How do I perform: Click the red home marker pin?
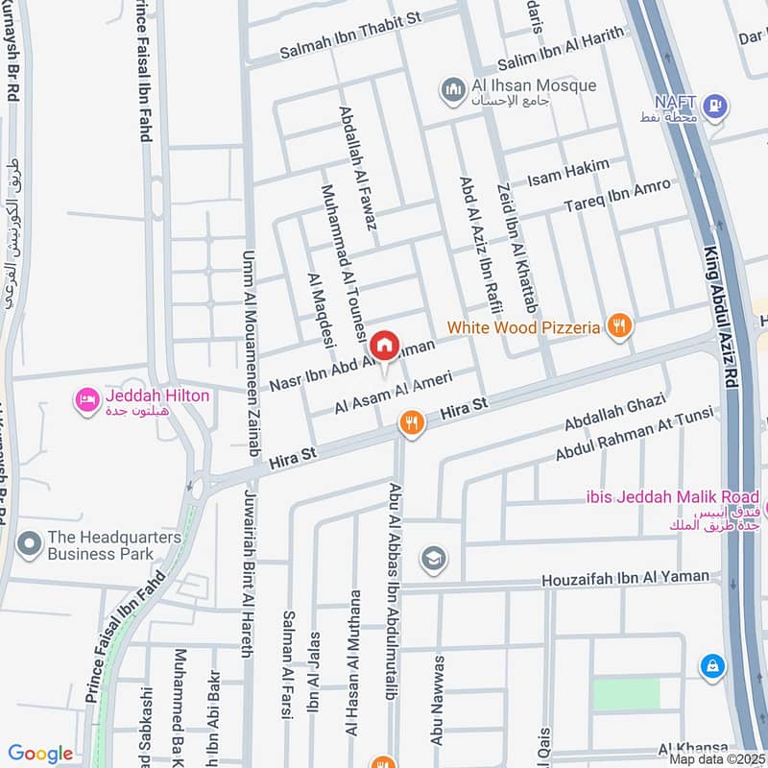[x=384, y=345]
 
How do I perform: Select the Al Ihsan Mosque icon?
[x=453, y=90]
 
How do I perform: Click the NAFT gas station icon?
[x=713, y=107]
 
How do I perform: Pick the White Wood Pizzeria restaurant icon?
[x=620, y=326]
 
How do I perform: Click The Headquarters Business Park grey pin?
[x=30, y=545]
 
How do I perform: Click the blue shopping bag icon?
[x=711, y=664]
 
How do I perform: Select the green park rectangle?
[x=626, y=694]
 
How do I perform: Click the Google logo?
[x=40, y=754]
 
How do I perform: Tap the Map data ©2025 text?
[x=717, y=758]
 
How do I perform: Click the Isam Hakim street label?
[x=568, y=173]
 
